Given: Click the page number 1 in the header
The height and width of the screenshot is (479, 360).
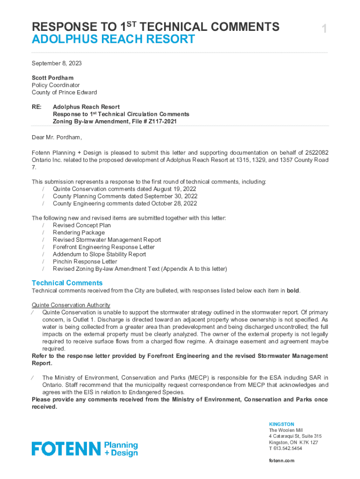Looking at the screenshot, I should [324, 29].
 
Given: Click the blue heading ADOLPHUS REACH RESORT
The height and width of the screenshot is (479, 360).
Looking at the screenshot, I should [113, 39].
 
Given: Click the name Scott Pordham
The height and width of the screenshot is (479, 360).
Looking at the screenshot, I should [52, 78].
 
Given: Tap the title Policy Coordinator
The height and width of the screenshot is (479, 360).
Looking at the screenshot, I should [56, 85].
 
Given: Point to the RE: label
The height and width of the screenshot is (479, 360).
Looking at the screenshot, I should [36, 107].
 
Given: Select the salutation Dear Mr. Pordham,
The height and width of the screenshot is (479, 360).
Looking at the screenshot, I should [57, 138].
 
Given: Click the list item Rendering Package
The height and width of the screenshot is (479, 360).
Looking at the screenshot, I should [79, 232].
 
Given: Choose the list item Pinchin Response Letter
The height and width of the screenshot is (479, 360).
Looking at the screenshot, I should [85, 261].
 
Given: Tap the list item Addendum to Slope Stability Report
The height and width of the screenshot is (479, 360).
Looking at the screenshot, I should [99, 254].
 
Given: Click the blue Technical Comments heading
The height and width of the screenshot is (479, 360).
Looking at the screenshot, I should [67, 283].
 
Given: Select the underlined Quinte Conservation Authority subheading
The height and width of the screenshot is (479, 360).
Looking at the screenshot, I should [71, 305].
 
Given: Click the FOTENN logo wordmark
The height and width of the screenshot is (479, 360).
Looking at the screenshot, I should [66, 449].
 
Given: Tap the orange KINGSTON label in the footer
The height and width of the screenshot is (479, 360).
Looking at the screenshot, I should [281, 424].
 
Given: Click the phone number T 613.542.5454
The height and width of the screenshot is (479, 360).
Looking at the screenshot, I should [285, 448].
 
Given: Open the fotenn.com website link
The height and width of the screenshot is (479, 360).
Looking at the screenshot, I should [281, 461].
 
